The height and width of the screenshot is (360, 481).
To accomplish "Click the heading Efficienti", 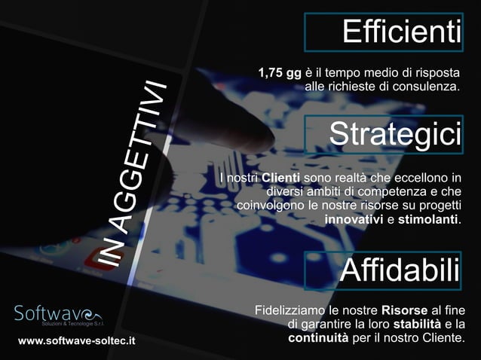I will (x=400, y=32).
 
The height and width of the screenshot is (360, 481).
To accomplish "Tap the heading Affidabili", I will (x=399, y=270).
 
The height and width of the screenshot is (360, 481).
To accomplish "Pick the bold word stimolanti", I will (x=427, y=219).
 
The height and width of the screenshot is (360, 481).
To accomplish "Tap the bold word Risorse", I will (x=405, y=310).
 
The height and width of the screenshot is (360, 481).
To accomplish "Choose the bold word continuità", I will (x=319, y=337).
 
